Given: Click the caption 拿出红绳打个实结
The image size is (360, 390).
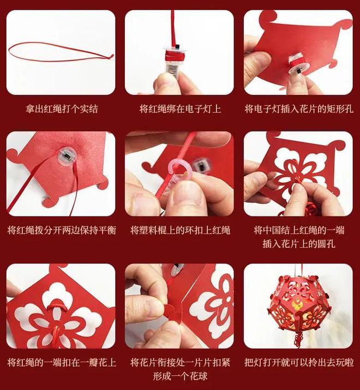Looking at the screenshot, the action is (62, 109).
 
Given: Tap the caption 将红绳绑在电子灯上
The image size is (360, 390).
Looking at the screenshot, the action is (180, 109).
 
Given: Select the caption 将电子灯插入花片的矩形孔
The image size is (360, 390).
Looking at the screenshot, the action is (299, 109).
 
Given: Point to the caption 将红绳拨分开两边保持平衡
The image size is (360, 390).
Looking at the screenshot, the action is (62, 230).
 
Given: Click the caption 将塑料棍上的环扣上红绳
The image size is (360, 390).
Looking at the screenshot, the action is (180, 230).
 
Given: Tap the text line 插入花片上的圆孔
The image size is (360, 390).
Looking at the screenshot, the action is (298, 243).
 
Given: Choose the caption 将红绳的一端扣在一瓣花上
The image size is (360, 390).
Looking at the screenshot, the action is (62, 362).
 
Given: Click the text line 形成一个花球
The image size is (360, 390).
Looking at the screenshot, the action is (180, 376).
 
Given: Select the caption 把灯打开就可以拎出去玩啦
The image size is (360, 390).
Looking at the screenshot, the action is (299, 362).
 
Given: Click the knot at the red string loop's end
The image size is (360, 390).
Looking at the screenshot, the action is (110, 57).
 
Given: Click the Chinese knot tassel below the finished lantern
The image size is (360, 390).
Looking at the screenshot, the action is (298, 338).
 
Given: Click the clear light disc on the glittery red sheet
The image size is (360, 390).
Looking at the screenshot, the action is (67, 155).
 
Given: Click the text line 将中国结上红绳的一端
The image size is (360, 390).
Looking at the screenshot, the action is (299, 230).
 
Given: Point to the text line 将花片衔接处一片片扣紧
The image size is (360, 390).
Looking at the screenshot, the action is (180, 362).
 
